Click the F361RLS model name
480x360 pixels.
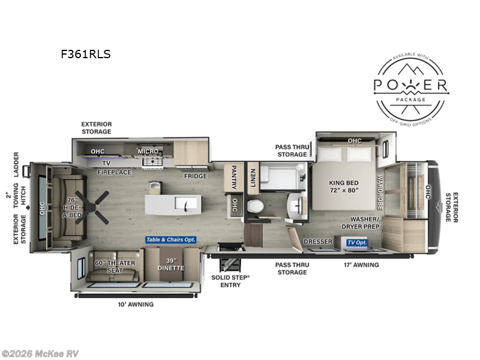[85, 54]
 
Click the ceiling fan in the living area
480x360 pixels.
[94, 206]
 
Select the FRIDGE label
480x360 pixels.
[196, 176]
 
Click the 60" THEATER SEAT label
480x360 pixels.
[114, 266]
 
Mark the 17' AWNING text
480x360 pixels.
[361, 265]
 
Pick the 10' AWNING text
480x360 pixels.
[135, 304]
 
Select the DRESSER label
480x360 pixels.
[318, 242]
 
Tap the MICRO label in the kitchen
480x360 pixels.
[148, 151]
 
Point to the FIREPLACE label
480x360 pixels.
[115, 172]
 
